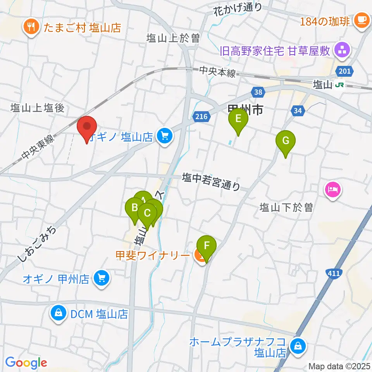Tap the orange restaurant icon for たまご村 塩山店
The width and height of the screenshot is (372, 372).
click(x=30, y=28)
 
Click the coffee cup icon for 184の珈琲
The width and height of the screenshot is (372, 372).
click(x=362, y=19)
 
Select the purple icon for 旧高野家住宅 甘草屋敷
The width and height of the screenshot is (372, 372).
click(x=342, y=50)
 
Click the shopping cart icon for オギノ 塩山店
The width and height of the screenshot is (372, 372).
click(x=165, y=136)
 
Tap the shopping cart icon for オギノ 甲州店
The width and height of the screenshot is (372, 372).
click(x=102, y=278)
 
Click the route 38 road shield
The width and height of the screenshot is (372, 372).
click(x=257, y=92)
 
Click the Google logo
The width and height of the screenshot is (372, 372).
click(x=26, y=363)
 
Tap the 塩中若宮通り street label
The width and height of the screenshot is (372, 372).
click(x=212, y=182)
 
